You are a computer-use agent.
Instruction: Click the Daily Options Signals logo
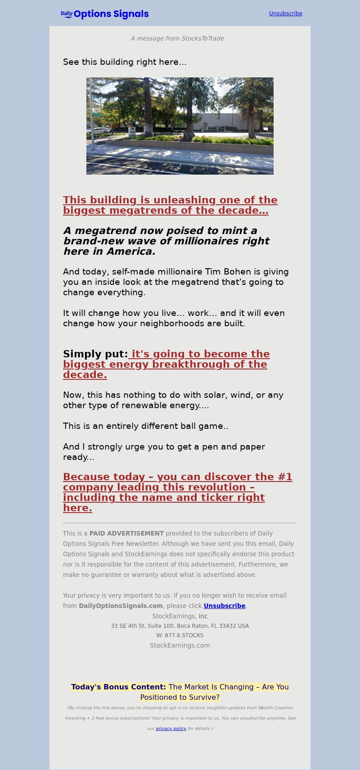[x=105, y=14]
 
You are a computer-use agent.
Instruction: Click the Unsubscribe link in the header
[x=285, y=14]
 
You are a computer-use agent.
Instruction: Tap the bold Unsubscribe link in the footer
[x=224, y=606]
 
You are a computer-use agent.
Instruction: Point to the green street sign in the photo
[x=97, y=115]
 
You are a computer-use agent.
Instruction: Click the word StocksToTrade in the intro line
[x=202, y=39]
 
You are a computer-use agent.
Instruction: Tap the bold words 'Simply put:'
[x=95, y=354]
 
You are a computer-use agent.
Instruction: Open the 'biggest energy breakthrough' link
[x=166, y=364]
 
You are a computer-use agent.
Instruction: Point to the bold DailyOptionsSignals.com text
[x=121, y=606]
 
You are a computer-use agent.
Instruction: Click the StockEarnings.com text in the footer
[x=180, y=645]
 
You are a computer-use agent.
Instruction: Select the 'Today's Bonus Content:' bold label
[x=118, y=687]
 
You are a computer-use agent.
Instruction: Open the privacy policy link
[x=171, y=729]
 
